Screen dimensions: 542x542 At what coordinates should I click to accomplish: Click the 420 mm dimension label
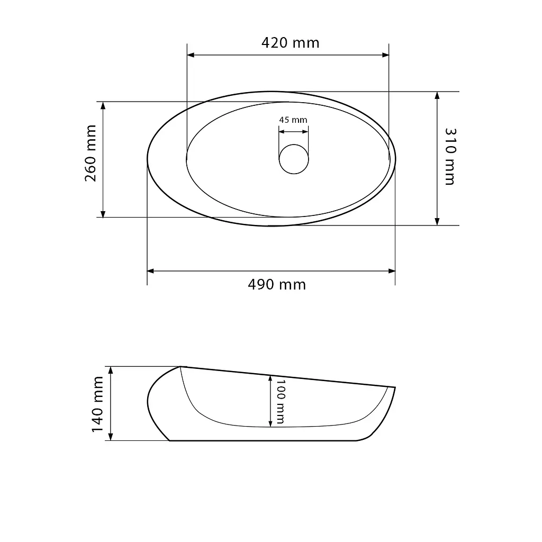291,42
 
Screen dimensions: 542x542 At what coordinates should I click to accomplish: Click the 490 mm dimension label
277,285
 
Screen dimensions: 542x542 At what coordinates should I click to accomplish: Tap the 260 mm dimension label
91,153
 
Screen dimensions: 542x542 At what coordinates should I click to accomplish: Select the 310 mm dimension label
450,157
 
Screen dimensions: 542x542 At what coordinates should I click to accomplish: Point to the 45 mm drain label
293,120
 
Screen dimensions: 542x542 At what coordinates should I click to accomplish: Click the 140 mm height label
97,404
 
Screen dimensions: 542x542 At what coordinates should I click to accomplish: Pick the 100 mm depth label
281,402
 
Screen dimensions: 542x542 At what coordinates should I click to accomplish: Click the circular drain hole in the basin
294,159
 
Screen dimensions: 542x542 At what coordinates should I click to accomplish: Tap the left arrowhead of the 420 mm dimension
191,55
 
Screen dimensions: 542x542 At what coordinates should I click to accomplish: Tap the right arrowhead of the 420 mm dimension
385,55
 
